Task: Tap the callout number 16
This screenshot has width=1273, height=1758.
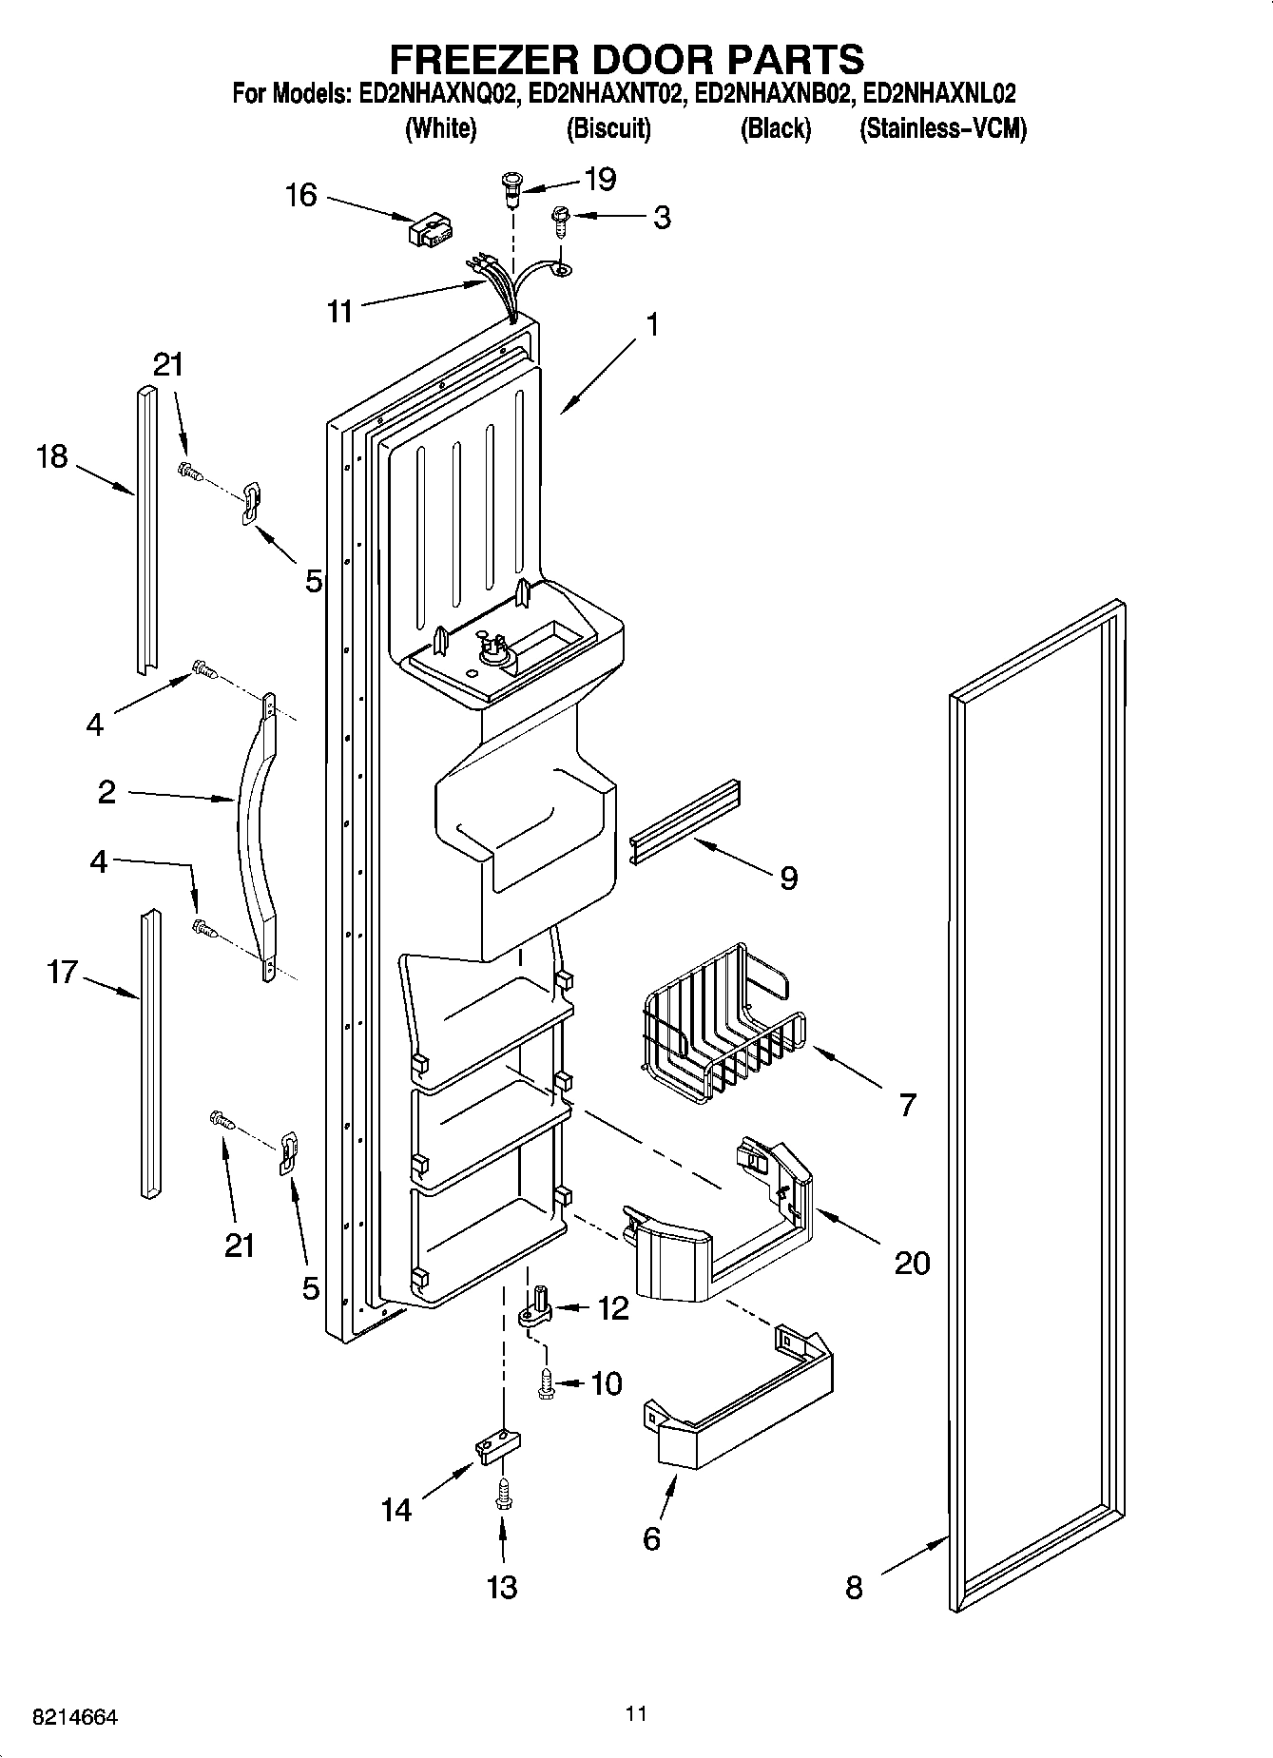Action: pyautogui.click(x=300, y=195)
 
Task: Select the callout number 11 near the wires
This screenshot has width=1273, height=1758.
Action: pyautogui.click(x=339, y=311)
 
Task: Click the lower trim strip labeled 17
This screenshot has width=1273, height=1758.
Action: pyautogui.click(x=148, y=1055)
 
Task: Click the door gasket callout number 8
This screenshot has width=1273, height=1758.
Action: pyautogui.click(x=854, y=1587)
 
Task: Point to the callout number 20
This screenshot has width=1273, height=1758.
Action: pyautogui.click(x=911, y=1263)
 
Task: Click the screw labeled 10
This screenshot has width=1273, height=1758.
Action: pyautogui.click(x=547, y=1383)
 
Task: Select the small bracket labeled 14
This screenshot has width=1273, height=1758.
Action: pyautogui.click(x=497, y=1448)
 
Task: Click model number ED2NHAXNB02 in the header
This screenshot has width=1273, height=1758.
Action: pyautogui.click(x=771, y=94)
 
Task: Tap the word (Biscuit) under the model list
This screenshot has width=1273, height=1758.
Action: pyautogui.click(x=608, y=128)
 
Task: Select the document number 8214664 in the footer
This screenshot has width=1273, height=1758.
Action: pyautogui.click(x=74, y=1718)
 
